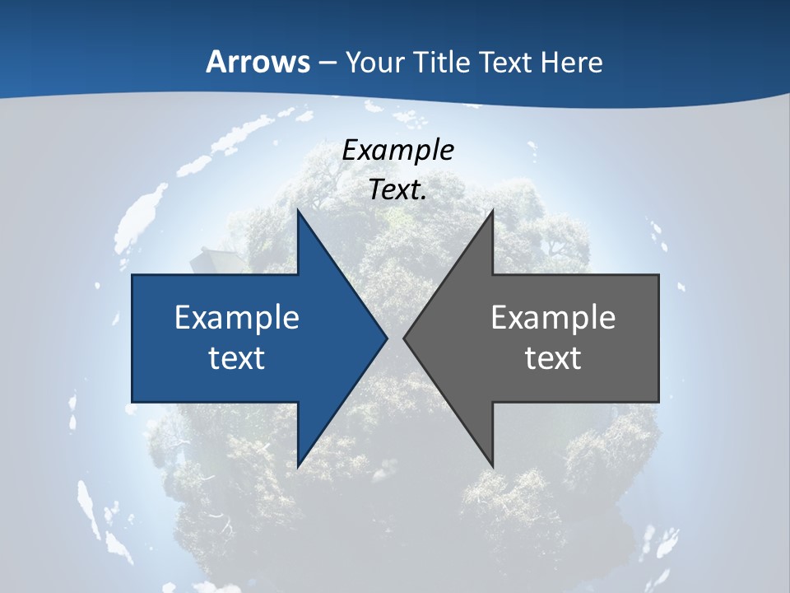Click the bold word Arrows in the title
coord(258,62)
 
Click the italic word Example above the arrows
coord(398,150)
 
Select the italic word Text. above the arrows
coord(398,189)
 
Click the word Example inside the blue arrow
coord(237,317)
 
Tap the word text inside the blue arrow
coord(237,358)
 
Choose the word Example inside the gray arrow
coord(553,317)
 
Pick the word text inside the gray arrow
coord(553,358)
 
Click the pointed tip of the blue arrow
coord(387,338)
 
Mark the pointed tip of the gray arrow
coord(403,338)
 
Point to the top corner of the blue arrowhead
coord(298,210)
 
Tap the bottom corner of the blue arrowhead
coord(298,467)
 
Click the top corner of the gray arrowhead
coord(492,210)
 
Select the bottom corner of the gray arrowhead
coord(492,467)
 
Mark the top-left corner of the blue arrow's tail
coord(132,275)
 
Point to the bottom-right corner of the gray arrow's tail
coord(658,402)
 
